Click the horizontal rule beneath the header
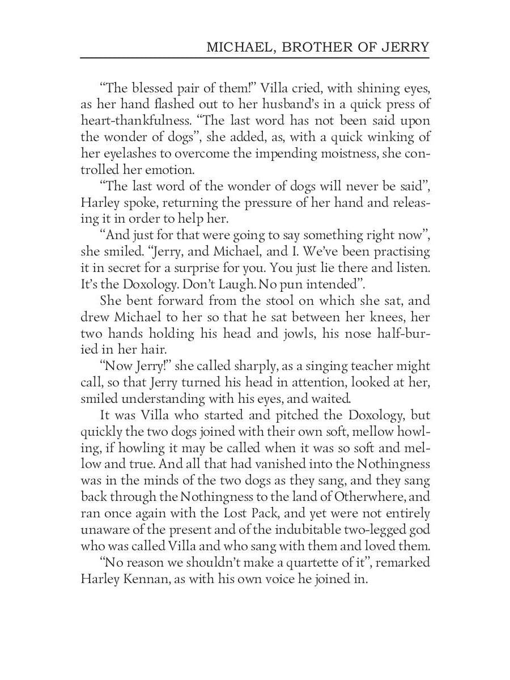[254, 58]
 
